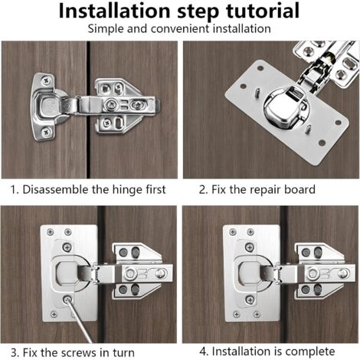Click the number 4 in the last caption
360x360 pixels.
pos(202,352)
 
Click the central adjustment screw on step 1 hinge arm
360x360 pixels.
pos(113,103)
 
